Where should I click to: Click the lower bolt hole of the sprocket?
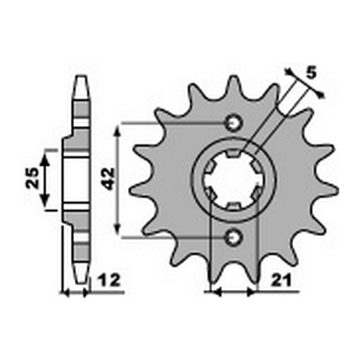pos(233,236)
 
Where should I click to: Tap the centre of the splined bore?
pos(233,180)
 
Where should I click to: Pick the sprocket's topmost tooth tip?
pos(233,79)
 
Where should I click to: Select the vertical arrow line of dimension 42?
pos(119,180)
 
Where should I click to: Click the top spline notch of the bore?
pos(233,154)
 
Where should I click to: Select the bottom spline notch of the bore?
pos(233,206)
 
